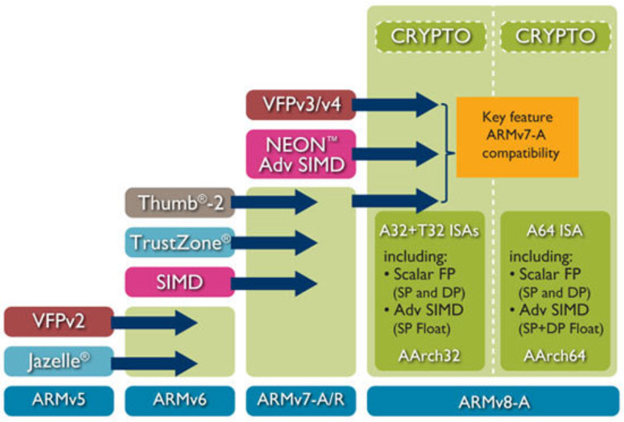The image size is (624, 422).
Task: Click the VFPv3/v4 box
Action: coord(301,105)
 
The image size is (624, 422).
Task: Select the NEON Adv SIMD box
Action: coord(301,154)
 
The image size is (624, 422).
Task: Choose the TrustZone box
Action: coord(178,243)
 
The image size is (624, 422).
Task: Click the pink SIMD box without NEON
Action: coord(178,282)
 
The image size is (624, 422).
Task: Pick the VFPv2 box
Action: coord(57,322)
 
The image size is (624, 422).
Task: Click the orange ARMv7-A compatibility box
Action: coord(517,136)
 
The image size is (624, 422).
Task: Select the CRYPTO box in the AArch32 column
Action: coord(431,36)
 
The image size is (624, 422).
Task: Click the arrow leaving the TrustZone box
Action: coord(276,243)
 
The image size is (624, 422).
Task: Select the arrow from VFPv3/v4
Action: coord(397,104)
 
